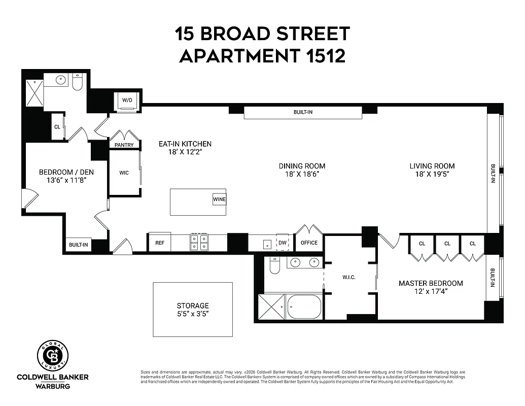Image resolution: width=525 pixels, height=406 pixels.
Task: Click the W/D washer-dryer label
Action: pos(127,100)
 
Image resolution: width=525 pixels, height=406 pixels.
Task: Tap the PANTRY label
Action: pos(124,145)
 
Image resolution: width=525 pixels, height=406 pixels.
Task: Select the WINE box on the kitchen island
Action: pos(219,199)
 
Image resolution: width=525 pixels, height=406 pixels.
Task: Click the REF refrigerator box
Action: pos(159,243)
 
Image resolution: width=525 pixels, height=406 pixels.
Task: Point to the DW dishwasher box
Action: pos(283,243)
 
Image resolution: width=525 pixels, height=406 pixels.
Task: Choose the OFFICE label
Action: pos(309,243)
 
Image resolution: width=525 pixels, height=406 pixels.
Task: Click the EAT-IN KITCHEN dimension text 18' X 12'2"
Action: pos(185,152)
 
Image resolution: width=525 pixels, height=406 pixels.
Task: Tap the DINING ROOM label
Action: pos(302,166)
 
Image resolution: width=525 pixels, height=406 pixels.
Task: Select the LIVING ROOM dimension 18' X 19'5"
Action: pos(432,174)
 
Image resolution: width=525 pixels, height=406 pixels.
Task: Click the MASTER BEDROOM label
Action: pos(431,283)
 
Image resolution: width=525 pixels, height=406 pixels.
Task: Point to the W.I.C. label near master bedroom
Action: pos(348,277)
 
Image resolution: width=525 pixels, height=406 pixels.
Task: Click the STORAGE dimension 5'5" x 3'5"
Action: pos(193,314)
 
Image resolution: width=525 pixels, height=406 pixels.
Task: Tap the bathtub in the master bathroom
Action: pos(304,307)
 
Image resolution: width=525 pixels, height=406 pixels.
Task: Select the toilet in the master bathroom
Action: pos(275,266)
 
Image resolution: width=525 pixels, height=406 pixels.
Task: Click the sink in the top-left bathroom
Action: pos(61,80)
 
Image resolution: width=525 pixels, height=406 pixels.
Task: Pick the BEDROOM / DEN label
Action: pos(66,172)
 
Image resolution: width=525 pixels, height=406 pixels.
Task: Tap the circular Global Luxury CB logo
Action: pos(52,355)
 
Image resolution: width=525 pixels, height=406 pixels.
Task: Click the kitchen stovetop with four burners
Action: pos(198,243)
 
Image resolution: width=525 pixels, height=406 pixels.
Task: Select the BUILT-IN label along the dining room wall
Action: pos(303,112)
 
